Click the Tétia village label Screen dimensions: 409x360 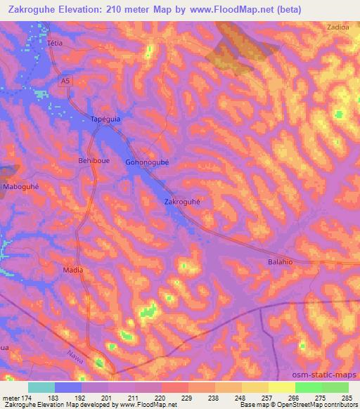[x=55, y=42]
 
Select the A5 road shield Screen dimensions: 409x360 [x=65, y=82]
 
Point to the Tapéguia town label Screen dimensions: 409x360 [x=106, y=119]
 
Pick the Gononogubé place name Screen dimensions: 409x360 [x=148, y=161]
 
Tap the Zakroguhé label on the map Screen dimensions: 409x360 [x=183, y=201]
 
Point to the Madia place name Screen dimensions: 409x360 [x=73, y=270]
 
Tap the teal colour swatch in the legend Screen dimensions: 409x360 [x=41, y=387]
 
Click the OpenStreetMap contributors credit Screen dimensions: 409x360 [x=317, y=405]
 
